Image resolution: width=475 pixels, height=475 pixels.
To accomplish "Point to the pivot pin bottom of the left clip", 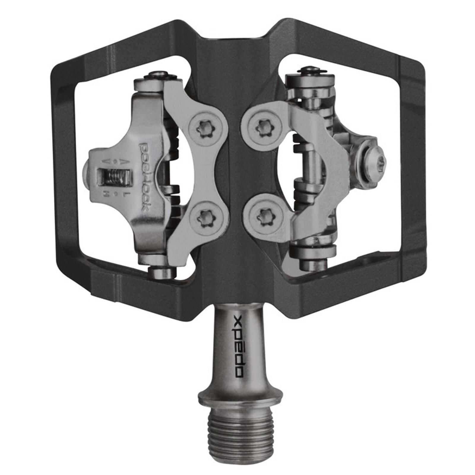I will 162,272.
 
